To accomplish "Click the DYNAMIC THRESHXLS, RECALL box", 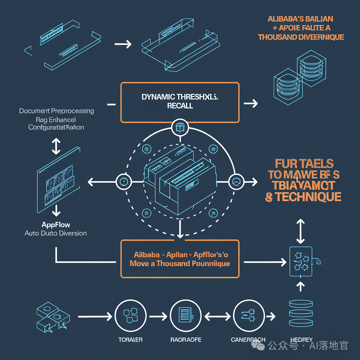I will (x=180, y=102).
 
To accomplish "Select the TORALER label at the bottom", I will (x=130, y=340).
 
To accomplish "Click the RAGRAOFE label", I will (x=186, y=340).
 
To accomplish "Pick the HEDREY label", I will (x=301, y=340).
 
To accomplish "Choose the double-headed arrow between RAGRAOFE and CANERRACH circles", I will (x=217, y=316).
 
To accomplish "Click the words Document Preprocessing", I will (x=57, y=111).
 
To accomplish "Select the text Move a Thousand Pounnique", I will (x=180, y=263).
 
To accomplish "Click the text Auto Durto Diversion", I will (x=56, y=233).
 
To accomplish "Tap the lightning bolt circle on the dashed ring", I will (x=124, y=182).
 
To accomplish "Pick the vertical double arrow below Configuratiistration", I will (x=56, y=146).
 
